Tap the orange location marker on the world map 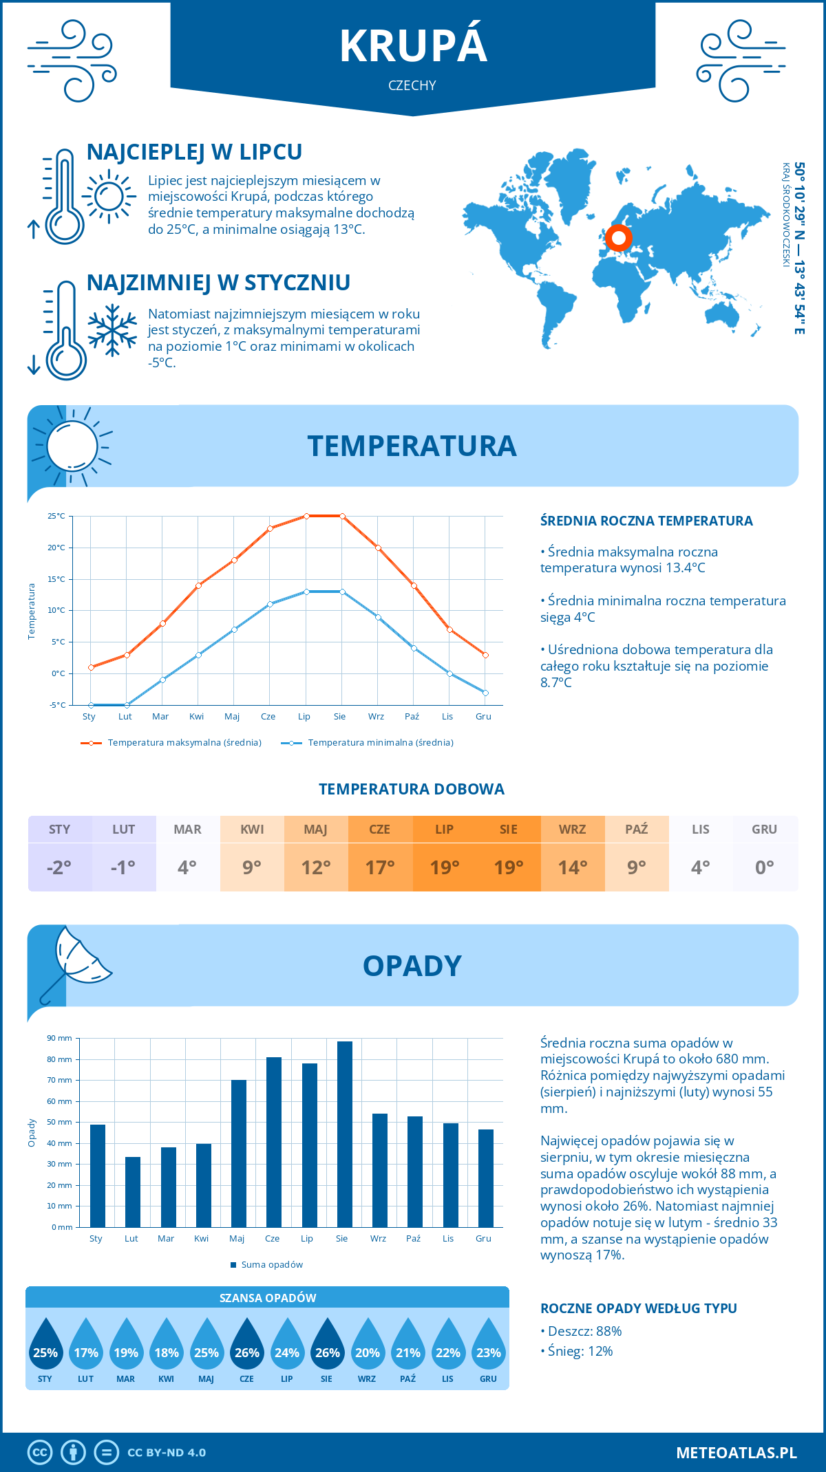(618, 238)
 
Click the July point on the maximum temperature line (306, 516)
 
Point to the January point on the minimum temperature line (91, 705)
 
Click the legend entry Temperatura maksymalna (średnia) (184, 743)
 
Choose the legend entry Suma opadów (271, 1264)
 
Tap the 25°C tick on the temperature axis (56, 516)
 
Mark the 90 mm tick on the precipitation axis (60, 1038)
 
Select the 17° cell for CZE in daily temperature (380, 867)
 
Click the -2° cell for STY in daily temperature (59, 867)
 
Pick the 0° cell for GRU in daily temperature (764, 867)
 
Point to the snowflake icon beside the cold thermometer (112, 330)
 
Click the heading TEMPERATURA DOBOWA (412, 789)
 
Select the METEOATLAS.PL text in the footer (736, 1452)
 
